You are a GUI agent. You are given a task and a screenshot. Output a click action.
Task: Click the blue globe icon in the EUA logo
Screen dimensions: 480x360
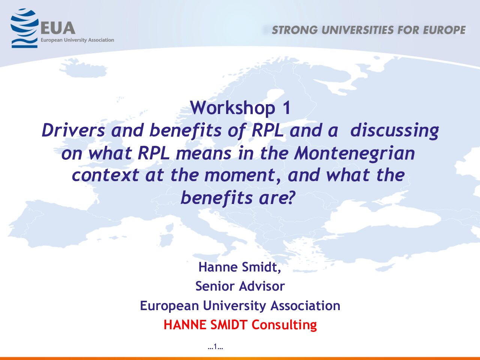click(x=24, y=28)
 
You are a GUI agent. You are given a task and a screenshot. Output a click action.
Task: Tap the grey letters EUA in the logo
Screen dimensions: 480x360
click(x=58, y=28)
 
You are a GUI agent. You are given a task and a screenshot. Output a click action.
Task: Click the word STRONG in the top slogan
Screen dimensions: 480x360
click(x=294, y=30)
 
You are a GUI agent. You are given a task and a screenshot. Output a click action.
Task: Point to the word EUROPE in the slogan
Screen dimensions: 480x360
click(x=444, y=30)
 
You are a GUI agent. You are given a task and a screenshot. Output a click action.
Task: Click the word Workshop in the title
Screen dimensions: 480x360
click(x=232, y=108)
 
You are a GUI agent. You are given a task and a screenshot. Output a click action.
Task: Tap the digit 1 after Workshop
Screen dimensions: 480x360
click(x=286, y=108)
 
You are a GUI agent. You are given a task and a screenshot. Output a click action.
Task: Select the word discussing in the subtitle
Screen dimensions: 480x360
click(x=394, y=131)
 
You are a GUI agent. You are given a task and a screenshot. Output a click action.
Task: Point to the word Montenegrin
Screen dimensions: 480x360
click(x=354, y=153)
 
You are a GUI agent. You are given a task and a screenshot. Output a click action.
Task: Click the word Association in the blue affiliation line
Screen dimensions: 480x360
click(x=305, y=305)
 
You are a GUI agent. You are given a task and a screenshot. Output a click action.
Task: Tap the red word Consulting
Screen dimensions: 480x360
click(x=284, y=325)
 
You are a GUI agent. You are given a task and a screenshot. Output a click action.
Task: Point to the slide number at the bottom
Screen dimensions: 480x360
click(x=215, y=346)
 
